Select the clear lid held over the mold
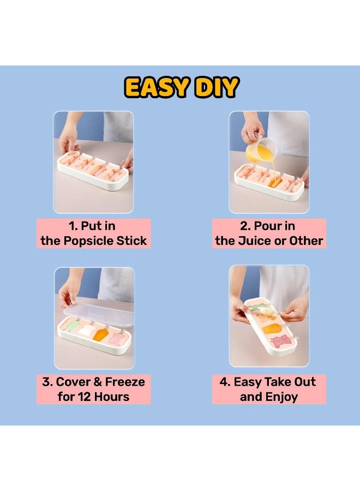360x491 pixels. (98, 313)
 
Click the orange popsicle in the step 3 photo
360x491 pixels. (99, 334)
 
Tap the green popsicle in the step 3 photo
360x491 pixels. (72, 327)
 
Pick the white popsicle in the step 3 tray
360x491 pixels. (86, 330)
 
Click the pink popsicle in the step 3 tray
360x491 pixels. (115, 338)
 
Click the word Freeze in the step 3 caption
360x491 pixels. (125, 382)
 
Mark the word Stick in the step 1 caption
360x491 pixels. (131, 241)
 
